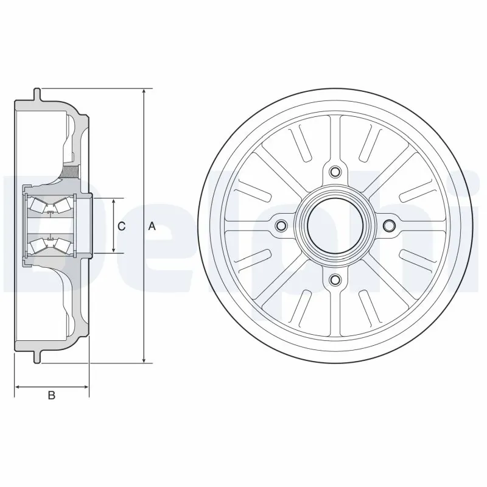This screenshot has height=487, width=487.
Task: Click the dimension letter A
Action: point(152,226)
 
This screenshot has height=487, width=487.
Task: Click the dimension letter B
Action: point(52,396)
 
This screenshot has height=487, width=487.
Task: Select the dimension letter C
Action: point(121,226)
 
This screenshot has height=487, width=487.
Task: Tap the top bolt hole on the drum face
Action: point(334,172)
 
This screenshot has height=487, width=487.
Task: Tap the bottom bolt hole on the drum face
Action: point(334,279)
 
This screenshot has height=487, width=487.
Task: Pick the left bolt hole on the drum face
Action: point(281,226)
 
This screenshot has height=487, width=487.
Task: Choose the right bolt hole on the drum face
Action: point(388,226)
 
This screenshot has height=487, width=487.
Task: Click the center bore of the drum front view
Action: point(334,226)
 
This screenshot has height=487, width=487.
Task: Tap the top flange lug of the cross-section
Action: point(37,94)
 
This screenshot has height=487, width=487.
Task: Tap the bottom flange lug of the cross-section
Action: point(37,357)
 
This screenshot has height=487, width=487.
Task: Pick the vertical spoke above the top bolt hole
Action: point(334,137)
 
